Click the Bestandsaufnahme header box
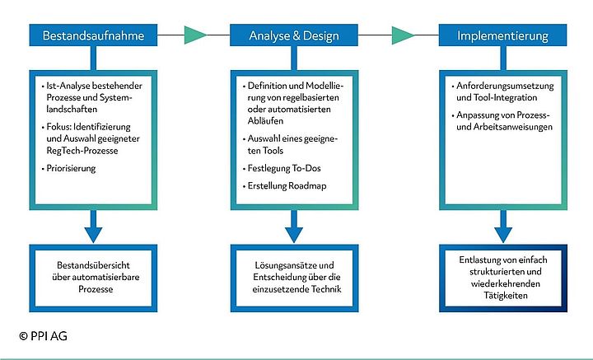[x=93, y=35]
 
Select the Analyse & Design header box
[x=294, y=35]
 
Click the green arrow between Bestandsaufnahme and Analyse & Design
[x=195, y=35]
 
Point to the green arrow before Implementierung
[x=403, y=35]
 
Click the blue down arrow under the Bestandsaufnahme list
[x=93, y=223]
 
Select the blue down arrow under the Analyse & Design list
[x=294, y=223]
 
